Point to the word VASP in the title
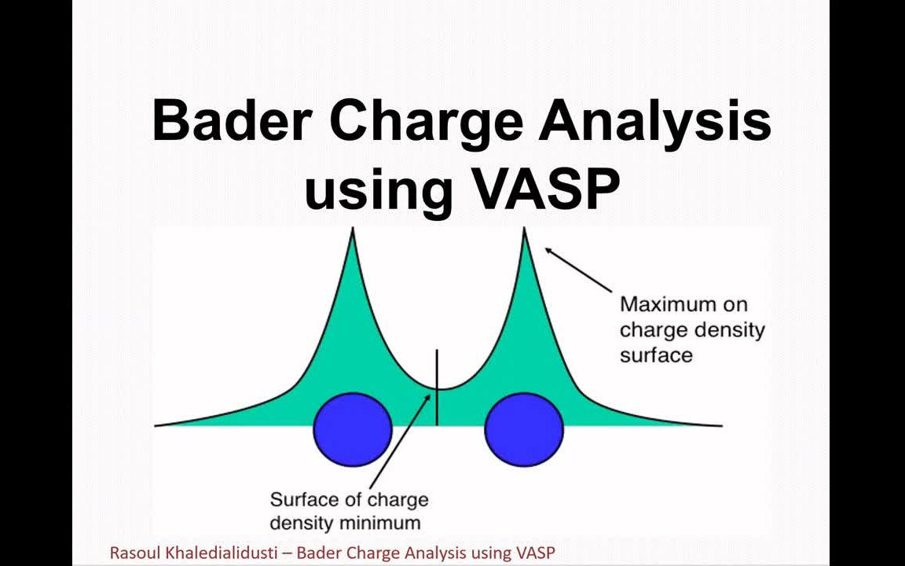(541, 189)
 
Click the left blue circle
(353, 429)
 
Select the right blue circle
(524, 429)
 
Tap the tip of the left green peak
(353, 230)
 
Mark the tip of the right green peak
(524, 230)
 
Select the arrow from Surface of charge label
(399, 441)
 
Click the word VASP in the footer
(535, 553)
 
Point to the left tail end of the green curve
(157, 425)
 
